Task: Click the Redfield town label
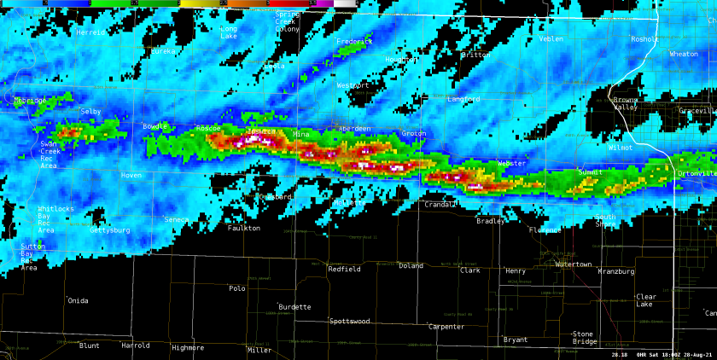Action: (x=344, y=269)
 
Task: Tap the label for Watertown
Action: (x=573, y=264)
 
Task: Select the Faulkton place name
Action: (x=243, y=228)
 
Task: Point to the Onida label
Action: (x=78, y=300)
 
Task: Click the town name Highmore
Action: (x=188, y=347)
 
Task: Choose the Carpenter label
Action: (x=446, y=327)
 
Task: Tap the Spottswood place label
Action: (x=350, y=322)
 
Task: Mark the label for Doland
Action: (x=411, y=266)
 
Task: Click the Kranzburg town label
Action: (x=616, y=271)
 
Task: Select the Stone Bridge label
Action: (x=584, y=338)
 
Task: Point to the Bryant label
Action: (x=516, y=340)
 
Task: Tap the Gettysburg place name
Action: (x=110, y=230)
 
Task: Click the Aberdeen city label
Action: (x=354, y=129)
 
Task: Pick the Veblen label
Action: (x=551, y=38)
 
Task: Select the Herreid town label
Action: (x=90, y=32)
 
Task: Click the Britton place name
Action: (x=475, y=55)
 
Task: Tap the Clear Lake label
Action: (x=646, y=300)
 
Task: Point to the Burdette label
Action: (x=294, y=307)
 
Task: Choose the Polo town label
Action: (x=237, y=288)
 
